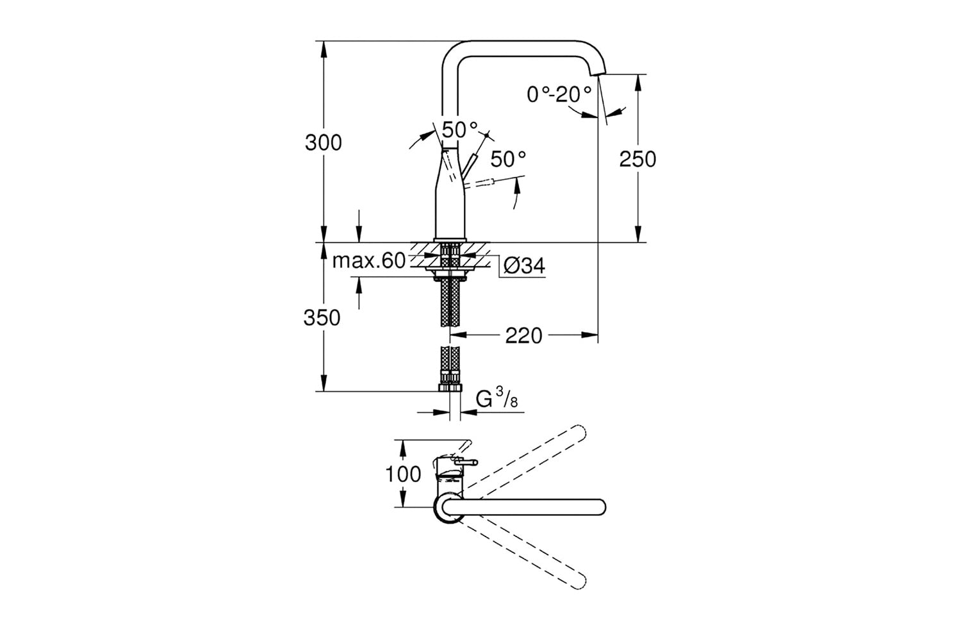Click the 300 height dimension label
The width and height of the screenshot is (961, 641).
point(323,142)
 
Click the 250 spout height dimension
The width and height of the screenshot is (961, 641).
point(637,159)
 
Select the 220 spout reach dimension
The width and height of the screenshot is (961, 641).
point(523,336)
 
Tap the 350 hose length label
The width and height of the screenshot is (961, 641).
point(322,318)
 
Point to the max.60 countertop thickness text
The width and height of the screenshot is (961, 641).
point(369,261)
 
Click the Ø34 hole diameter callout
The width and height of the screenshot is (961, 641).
point(524,266)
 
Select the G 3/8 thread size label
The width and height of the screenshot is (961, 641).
point(497,398)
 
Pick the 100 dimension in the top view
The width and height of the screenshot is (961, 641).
point(403,474)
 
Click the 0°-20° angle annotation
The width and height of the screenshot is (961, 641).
point(559,94)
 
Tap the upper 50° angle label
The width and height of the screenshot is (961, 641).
point(460,129)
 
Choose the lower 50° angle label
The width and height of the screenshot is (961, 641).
point(508,159)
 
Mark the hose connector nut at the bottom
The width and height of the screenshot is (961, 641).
point(450,388)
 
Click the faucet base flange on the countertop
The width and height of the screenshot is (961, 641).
point(450,240)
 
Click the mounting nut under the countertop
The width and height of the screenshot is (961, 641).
point(450,279)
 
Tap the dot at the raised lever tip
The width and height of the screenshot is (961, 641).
point(487,136)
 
